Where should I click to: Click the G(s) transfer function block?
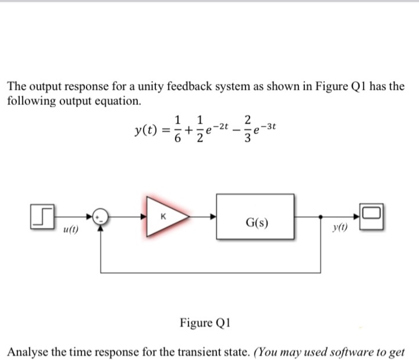pyautogui.click(x=257, y=222)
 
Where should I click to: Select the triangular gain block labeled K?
pyautogui.click(x=165, y=223)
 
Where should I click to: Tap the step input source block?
pyautogui.click(x=44, y=218)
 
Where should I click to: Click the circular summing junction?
pyautogui.click(x=102, y=218)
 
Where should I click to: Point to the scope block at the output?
pyautogui.click(x=372, y=217)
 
